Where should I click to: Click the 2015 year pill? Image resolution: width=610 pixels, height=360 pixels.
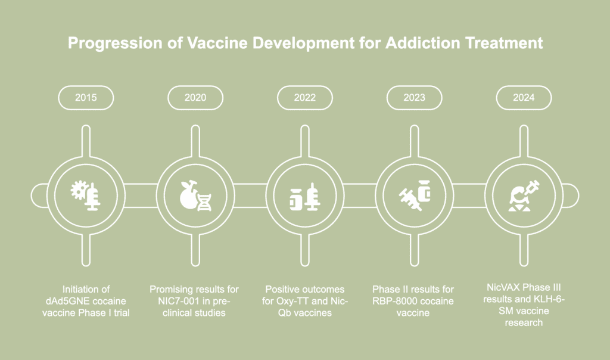tap(86, 98)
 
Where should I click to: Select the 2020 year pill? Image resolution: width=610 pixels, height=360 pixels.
tap(195, 98)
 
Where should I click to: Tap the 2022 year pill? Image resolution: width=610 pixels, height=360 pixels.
tap(305, 98)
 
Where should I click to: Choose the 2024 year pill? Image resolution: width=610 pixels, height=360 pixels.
tap(524, 98)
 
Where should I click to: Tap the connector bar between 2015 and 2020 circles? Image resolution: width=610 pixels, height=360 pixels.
tap(141, 193)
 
